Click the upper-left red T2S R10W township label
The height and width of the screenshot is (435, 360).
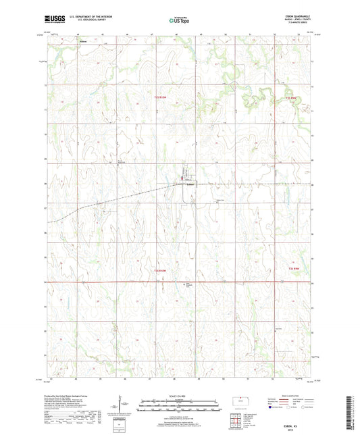157,99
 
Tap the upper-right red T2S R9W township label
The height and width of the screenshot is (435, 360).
291,99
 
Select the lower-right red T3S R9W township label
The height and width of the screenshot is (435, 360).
291,270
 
